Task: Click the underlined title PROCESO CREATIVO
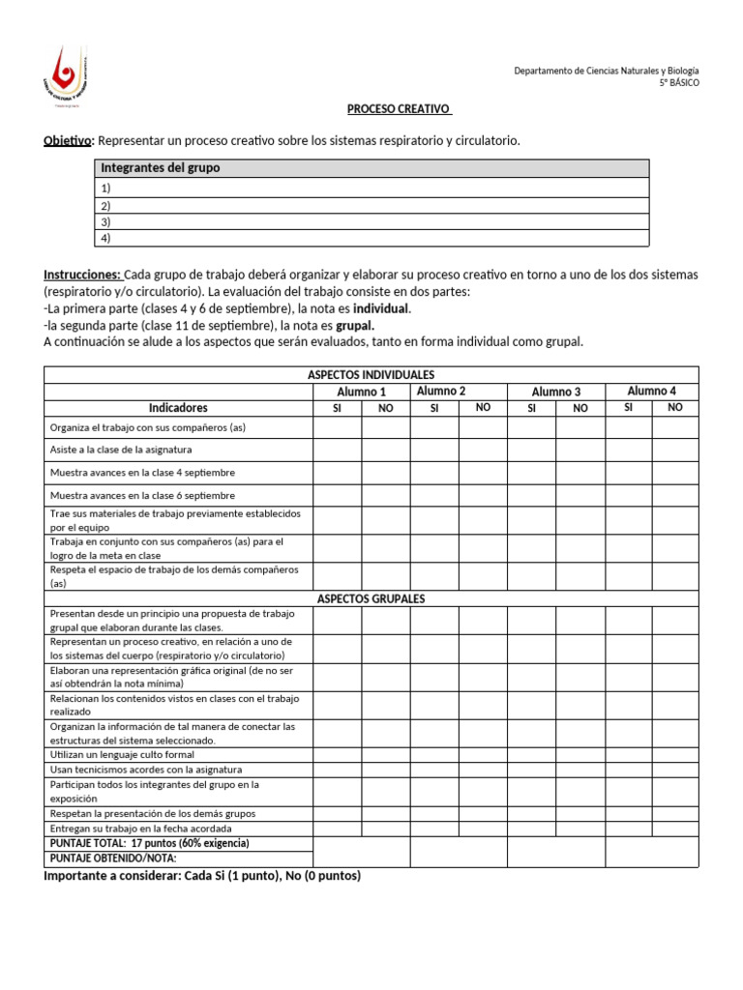point(399,109)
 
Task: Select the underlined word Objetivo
point(67,141)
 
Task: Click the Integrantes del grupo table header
point(161,168)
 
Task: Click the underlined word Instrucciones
point(83,275)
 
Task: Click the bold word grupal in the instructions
point(354,326)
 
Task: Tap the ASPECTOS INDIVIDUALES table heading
point(371,374)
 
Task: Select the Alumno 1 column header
point(361,392)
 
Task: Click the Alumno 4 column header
point(651,391)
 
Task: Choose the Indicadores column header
point(178,408)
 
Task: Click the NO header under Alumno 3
point(580,408)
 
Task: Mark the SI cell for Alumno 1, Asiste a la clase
point(337,450)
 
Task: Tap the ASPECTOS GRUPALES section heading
point(371,598)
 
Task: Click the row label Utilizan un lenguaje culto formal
point(122,754)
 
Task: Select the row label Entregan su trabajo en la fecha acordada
point(141,829)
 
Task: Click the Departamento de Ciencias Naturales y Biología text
point(606,71)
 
